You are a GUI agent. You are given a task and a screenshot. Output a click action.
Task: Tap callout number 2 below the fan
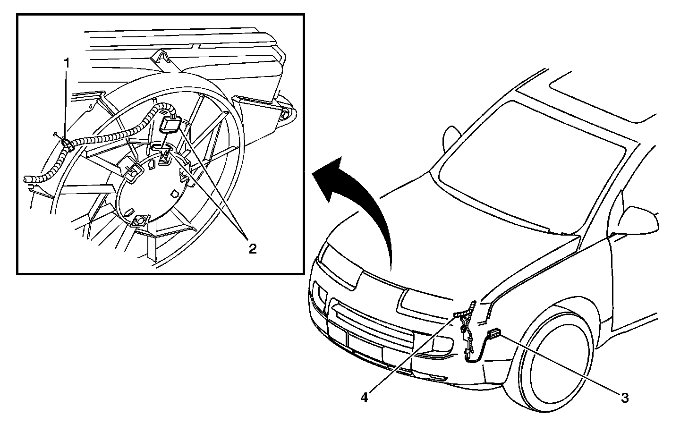pos(253,248)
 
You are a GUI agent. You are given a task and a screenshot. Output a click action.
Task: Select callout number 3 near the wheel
pos(624,398)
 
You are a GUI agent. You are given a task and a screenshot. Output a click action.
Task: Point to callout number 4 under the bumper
pos(364,398)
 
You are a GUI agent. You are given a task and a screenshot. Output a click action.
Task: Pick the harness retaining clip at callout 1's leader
pos(67,144)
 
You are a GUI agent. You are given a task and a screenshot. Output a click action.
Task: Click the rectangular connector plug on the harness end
pos(171,125)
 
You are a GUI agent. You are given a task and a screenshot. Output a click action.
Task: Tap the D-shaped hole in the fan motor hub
pos(174,194)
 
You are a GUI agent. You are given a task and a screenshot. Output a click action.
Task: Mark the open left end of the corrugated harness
pos(27,179)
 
